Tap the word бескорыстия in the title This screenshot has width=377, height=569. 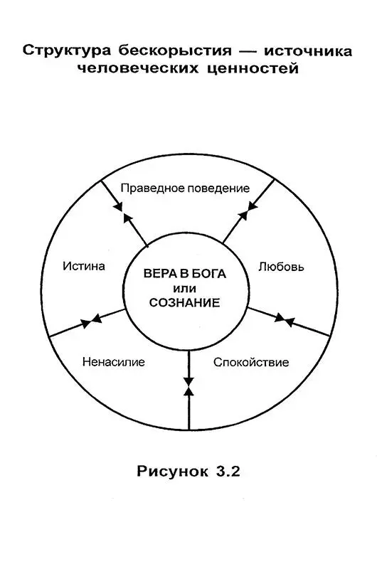point(175,50)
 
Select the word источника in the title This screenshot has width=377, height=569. point(308,51)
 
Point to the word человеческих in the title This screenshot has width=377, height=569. point(138,68)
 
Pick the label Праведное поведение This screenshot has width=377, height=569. point(185,188)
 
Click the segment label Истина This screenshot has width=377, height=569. point(84,265)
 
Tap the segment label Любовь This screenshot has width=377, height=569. point(281,267)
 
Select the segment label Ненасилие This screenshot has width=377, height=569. point(114,362)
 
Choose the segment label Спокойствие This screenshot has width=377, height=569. point(251,362)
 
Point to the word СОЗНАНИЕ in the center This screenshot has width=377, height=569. point(185,303)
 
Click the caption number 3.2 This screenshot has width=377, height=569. point(228,471)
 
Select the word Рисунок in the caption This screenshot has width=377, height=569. point(173,472)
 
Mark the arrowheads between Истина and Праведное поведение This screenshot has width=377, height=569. point(122,213)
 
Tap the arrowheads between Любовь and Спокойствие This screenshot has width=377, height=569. point(285,319)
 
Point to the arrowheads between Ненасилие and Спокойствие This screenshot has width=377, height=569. point(189,386)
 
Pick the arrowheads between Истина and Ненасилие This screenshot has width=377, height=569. point(91,321)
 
